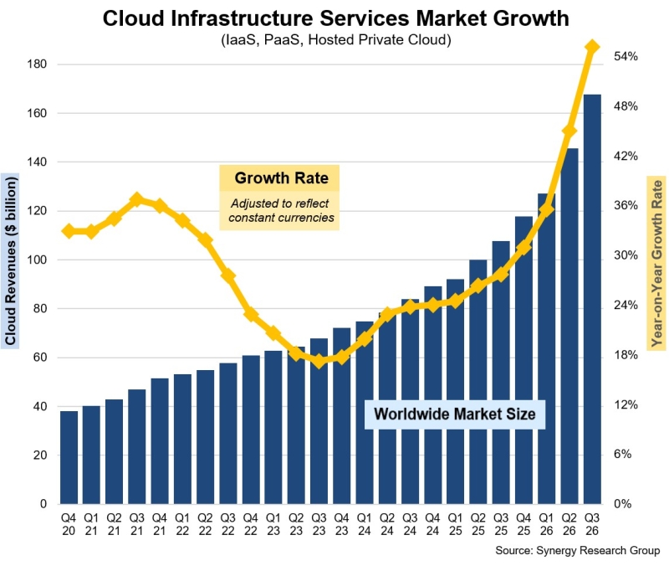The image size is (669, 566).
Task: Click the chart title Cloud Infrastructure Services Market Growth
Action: [336, 18]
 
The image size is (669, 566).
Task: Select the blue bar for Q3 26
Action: [592, 299]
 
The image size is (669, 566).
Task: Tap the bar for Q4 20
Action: [69, 457]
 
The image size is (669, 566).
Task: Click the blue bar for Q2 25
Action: [477, 382]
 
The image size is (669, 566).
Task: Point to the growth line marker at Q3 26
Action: [592, 47]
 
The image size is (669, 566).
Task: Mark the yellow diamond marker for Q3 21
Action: [137, 199]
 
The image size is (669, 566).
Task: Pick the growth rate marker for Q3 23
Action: [319, 362]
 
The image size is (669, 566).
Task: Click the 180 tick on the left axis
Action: [37, 64]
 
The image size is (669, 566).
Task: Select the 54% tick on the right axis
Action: [626, 56]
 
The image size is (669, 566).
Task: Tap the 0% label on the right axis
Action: [622, 504]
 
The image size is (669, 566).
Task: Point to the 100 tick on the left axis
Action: [37, 260]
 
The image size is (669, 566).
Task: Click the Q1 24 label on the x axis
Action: [365, 524]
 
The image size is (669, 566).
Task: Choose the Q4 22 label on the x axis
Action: [250, 524]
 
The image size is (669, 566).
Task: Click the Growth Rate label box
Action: [279, 178]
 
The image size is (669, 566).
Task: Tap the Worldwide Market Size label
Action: [455, 414]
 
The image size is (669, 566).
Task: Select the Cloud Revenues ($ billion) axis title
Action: [10, 261]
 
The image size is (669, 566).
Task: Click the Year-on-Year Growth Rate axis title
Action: [656, 263]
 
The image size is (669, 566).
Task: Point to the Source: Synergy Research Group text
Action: [577, 550]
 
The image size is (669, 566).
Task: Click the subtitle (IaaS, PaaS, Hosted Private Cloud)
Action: [336, 39]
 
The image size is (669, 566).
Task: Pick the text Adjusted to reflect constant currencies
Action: [280, 211]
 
